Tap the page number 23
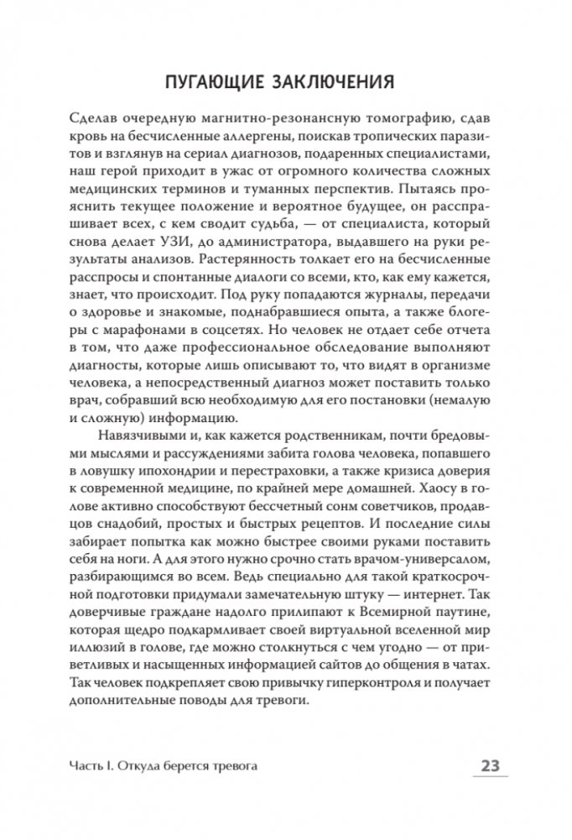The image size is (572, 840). click(490, 766)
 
